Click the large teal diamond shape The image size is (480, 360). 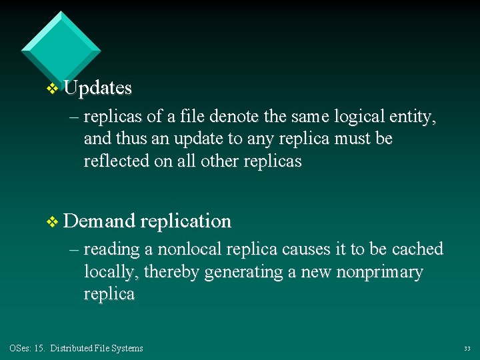[x=61, y=51]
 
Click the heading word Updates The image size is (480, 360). [x=98, y=88]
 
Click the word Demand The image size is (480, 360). [x=100, y=221]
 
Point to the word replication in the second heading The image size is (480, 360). [x=186, y=221]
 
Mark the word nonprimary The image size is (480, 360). [x=380, y=272]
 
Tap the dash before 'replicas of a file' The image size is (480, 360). [x=73, y=117]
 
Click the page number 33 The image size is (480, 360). [x=467, y=349]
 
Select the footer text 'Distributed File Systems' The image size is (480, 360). [x=96, y=348]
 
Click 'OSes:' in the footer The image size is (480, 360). [x=19, y=348]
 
